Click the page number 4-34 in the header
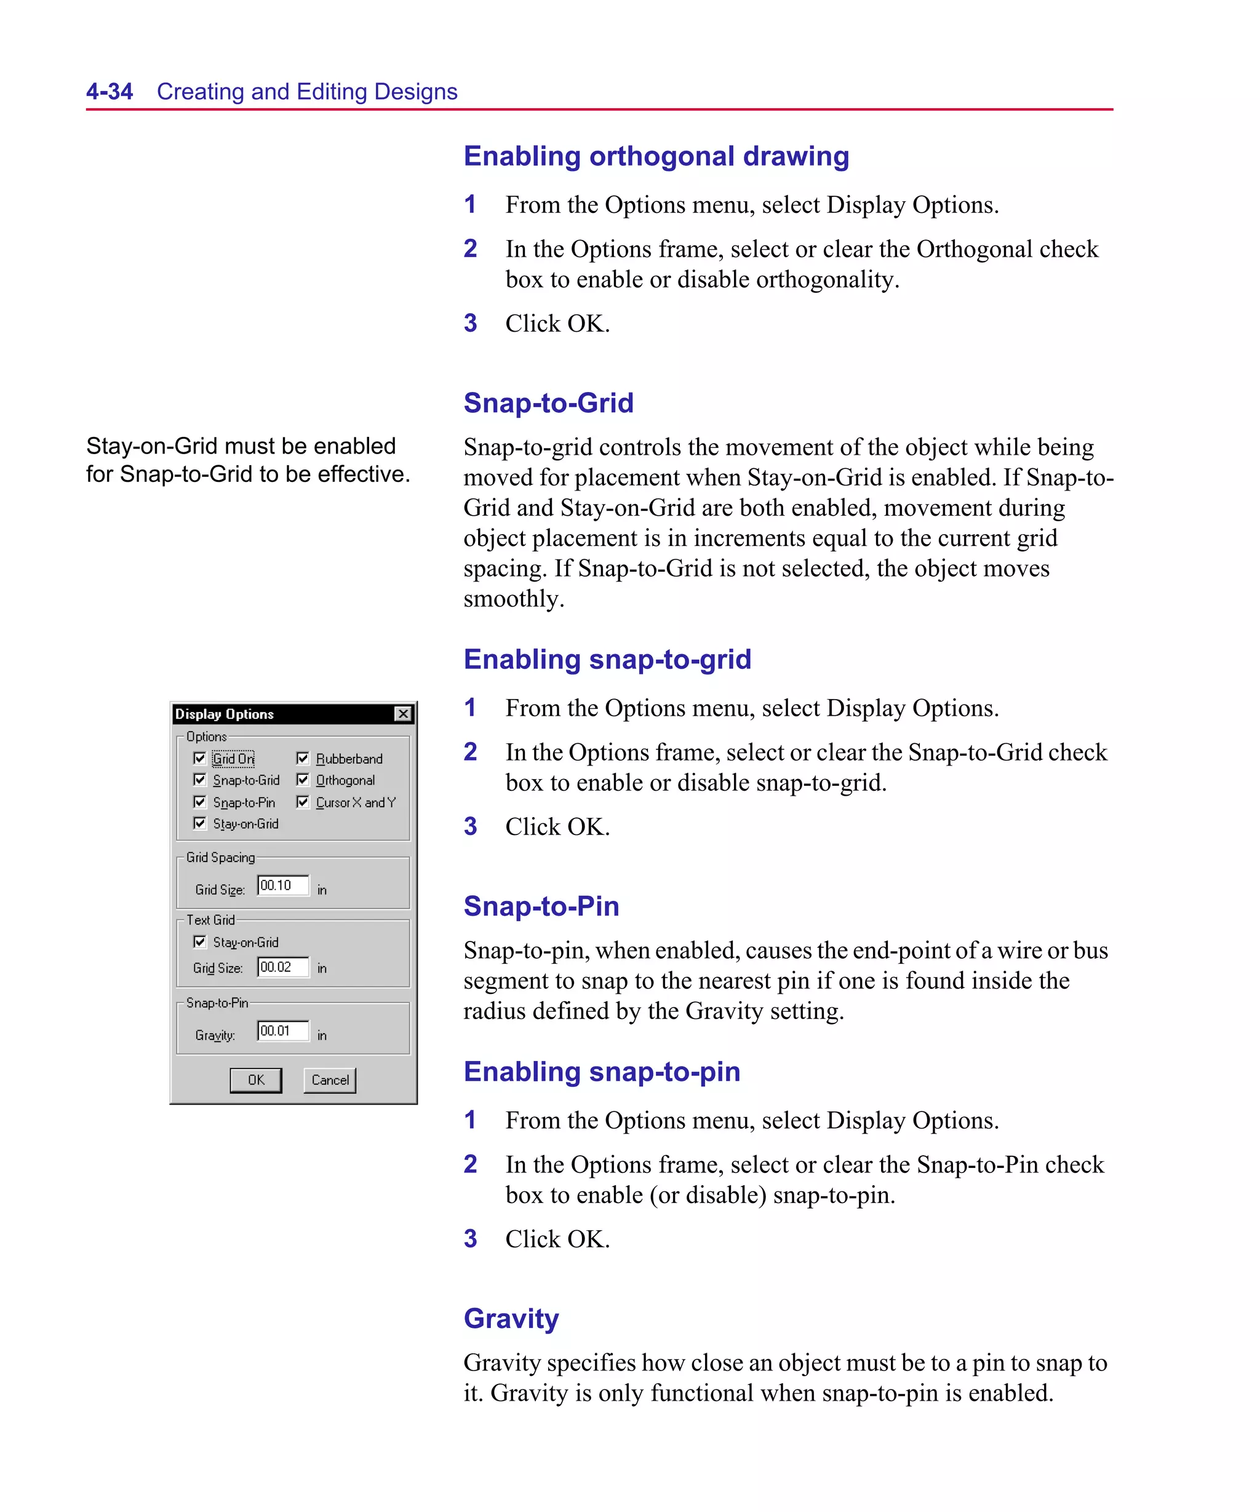click(x=110, y=92)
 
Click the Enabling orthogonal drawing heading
click(x=656, y=156)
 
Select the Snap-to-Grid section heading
click(x=548, y=403)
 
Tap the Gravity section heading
click(x=511, y=1318)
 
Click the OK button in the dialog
click(x=255, y=1080)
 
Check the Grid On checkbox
click(x=200, y=758)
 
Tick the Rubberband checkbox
click(x=303, y=758)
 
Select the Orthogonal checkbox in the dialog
click(x=303, y=780)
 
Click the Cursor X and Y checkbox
click(x=303, y=802)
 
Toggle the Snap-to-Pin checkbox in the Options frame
click(x=200, y=802)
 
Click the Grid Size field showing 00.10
click(x=283, y=886)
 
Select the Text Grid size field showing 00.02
click(x=283, y=967)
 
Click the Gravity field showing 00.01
click(x=283, y=1031)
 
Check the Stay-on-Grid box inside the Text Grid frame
click(x=200, y=942)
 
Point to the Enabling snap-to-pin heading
click(x=601, y=1071)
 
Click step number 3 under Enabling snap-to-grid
click(x=470, y=826)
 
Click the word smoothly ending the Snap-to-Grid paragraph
click(x=512, y=599)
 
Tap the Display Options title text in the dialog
click(x=225, y=714)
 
